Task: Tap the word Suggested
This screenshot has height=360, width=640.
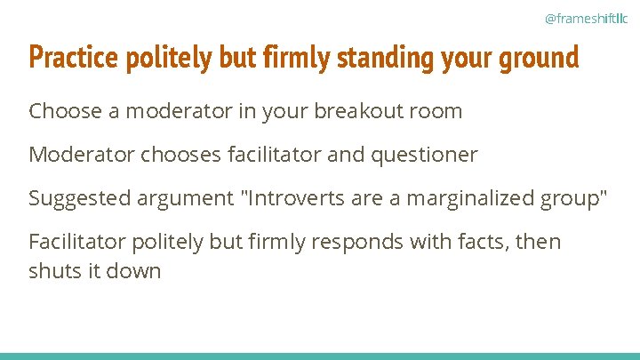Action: [79, 197]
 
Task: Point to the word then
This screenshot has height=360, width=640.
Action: [539, 241]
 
